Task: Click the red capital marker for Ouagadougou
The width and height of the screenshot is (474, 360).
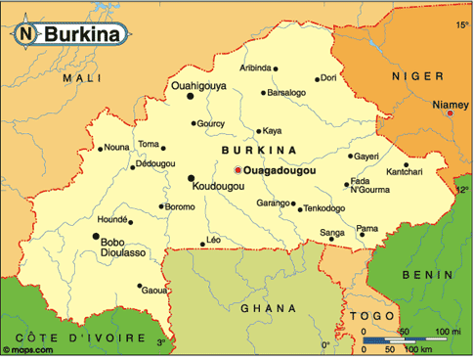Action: pyautogui.click(x=236, y=171)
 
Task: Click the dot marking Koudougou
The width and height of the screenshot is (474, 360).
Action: pyautogui.click(x=192, y=177)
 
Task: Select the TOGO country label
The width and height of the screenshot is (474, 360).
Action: pyautogui.click(x=376, y=316)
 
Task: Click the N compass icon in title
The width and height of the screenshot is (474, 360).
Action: pyautogui.click(x=24, y=33)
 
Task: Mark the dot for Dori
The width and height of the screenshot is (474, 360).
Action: pyautogui.click(x=317, y=78)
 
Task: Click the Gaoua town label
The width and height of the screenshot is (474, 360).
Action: pyautogui.click(x=154, y=291)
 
